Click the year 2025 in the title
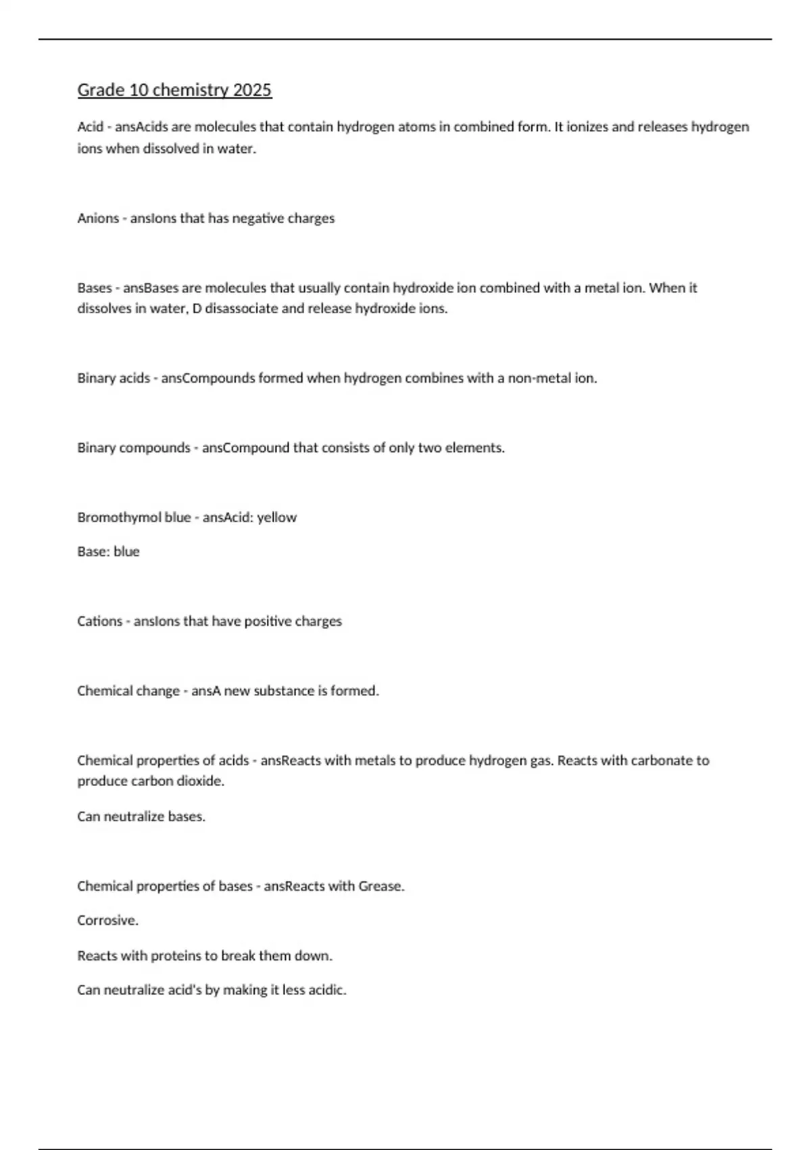[252, 90]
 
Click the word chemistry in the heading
[191, 90]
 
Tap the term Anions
[98, 218]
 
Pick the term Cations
[99, 621]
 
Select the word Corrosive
[107, 921]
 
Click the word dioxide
[200, 781]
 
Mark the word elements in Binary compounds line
[474, 448]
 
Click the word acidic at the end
[327, 990]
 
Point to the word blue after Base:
[126, 552]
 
